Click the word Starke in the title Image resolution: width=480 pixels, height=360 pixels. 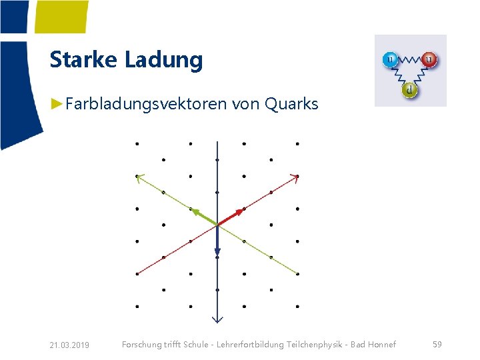[84, 60]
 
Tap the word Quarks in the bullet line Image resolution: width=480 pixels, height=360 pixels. [291, 104]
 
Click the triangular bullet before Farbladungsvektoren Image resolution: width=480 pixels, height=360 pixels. [58, 104]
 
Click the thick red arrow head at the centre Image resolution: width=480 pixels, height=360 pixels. [241, 212]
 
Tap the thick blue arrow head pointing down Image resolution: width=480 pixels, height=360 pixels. [217, 253]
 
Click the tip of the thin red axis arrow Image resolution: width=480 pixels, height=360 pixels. [297, 176]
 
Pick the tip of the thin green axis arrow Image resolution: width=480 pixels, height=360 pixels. [137, 176]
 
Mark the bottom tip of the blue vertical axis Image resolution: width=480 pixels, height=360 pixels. [217, 321]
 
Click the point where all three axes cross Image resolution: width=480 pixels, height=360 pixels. [217, 225]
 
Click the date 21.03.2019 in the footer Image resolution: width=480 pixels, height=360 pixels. [70, 345]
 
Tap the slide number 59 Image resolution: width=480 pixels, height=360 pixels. [437, 344]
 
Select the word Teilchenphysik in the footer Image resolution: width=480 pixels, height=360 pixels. [318, 344]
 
